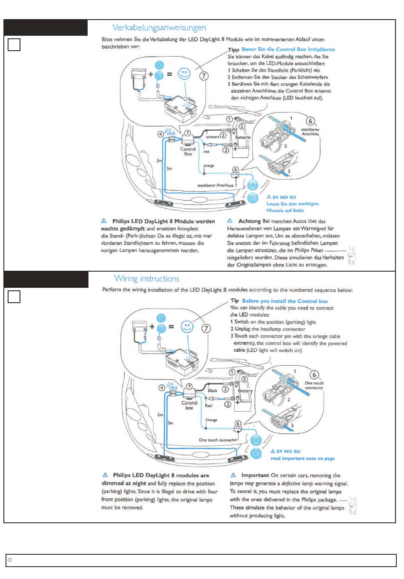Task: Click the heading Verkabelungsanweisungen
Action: tap(159, 28)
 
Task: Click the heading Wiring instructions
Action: tap(147, 279)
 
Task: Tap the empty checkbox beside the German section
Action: tap(14, 44)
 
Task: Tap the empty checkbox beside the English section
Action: tap(14, 297)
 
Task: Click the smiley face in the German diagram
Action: tap(184, 74)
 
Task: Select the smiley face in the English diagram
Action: tap(187, 327)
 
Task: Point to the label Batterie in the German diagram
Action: tap(243, 138)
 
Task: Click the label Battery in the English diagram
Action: tap(245, 390)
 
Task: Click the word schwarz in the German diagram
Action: tap(213, 137)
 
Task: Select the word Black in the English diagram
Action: tap(213, 390)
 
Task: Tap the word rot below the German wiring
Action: tap(206, 152)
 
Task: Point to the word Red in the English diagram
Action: tap(208, 406)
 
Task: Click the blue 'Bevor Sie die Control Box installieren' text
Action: tap(288, 49)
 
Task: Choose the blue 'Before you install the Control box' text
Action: tap(285, 301)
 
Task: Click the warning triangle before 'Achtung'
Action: tap(230, 221)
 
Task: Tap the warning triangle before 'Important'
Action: tap(233, 475)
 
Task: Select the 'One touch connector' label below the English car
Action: tap(218, 440)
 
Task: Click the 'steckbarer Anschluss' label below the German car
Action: tap(215, 185)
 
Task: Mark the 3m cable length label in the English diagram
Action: tap(171, 423)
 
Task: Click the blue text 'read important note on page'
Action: tap(302, 459)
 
